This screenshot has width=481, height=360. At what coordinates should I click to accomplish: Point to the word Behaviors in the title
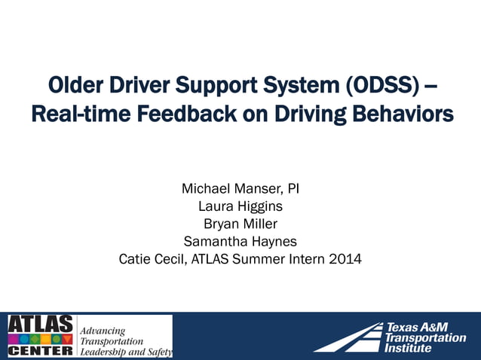400,115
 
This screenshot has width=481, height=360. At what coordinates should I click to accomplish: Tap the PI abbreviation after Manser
293,188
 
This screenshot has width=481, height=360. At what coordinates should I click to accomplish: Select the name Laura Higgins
240,206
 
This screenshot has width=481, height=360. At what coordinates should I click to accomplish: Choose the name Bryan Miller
240,224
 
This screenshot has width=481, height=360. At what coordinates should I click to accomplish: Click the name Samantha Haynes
240,242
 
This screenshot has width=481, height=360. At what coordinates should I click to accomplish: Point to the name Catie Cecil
150,260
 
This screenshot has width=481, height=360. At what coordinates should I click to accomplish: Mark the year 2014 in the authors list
345,260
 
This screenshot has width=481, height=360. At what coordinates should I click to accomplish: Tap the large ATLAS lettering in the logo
41,324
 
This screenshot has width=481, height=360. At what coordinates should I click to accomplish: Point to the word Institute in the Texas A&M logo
408,348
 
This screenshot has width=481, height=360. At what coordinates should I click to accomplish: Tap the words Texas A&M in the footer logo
416,327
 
